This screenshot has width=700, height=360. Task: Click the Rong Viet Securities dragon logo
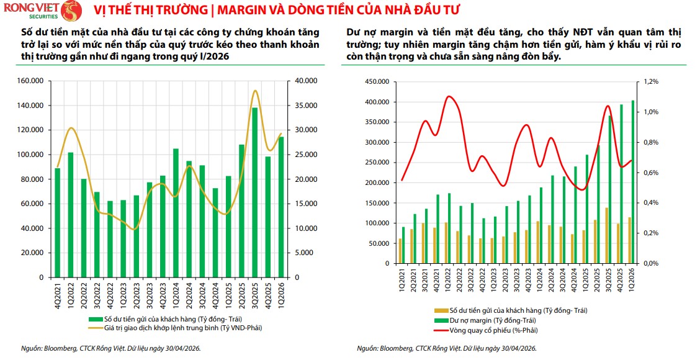[x=71, y=11]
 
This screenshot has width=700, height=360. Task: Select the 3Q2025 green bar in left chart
[x=255, y=192]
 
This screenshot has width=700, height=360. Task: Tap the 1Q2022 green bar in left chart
[x=71, y=215]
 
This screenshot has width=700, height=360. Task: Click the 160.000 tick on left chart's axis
[x=30, y=81]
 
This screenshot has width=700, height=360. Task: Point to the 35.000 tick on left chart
[x=306, y=106]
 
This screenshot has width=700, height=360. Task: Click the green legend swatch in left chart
[x=96, y=320]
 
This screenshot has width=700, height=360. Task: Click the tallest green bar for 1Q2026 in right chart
[x=632, y=182]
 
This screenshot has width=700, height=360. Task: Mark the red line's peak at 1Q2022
[x=449, y=96]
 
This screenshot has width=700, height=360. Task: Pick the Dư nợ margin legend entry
[x=485, y=320]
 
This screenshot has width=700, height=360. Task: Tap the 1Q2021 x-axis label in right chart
[x=403, y=280]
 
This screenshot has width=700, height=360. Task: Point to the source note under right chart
[x=446, y=348]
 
